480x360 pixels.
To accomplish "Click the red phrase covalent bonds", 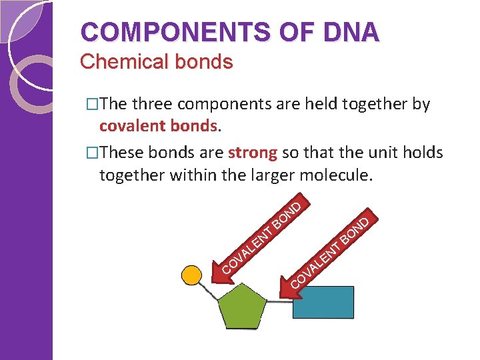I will (x=159, y=125).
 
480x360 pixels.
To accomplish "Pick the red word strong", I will (x=253, y=152).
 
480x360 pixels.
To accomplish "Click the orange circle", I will (x=192, y=275).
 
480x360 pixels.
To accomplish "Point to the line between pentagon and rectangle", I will (x=280, y=301).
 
